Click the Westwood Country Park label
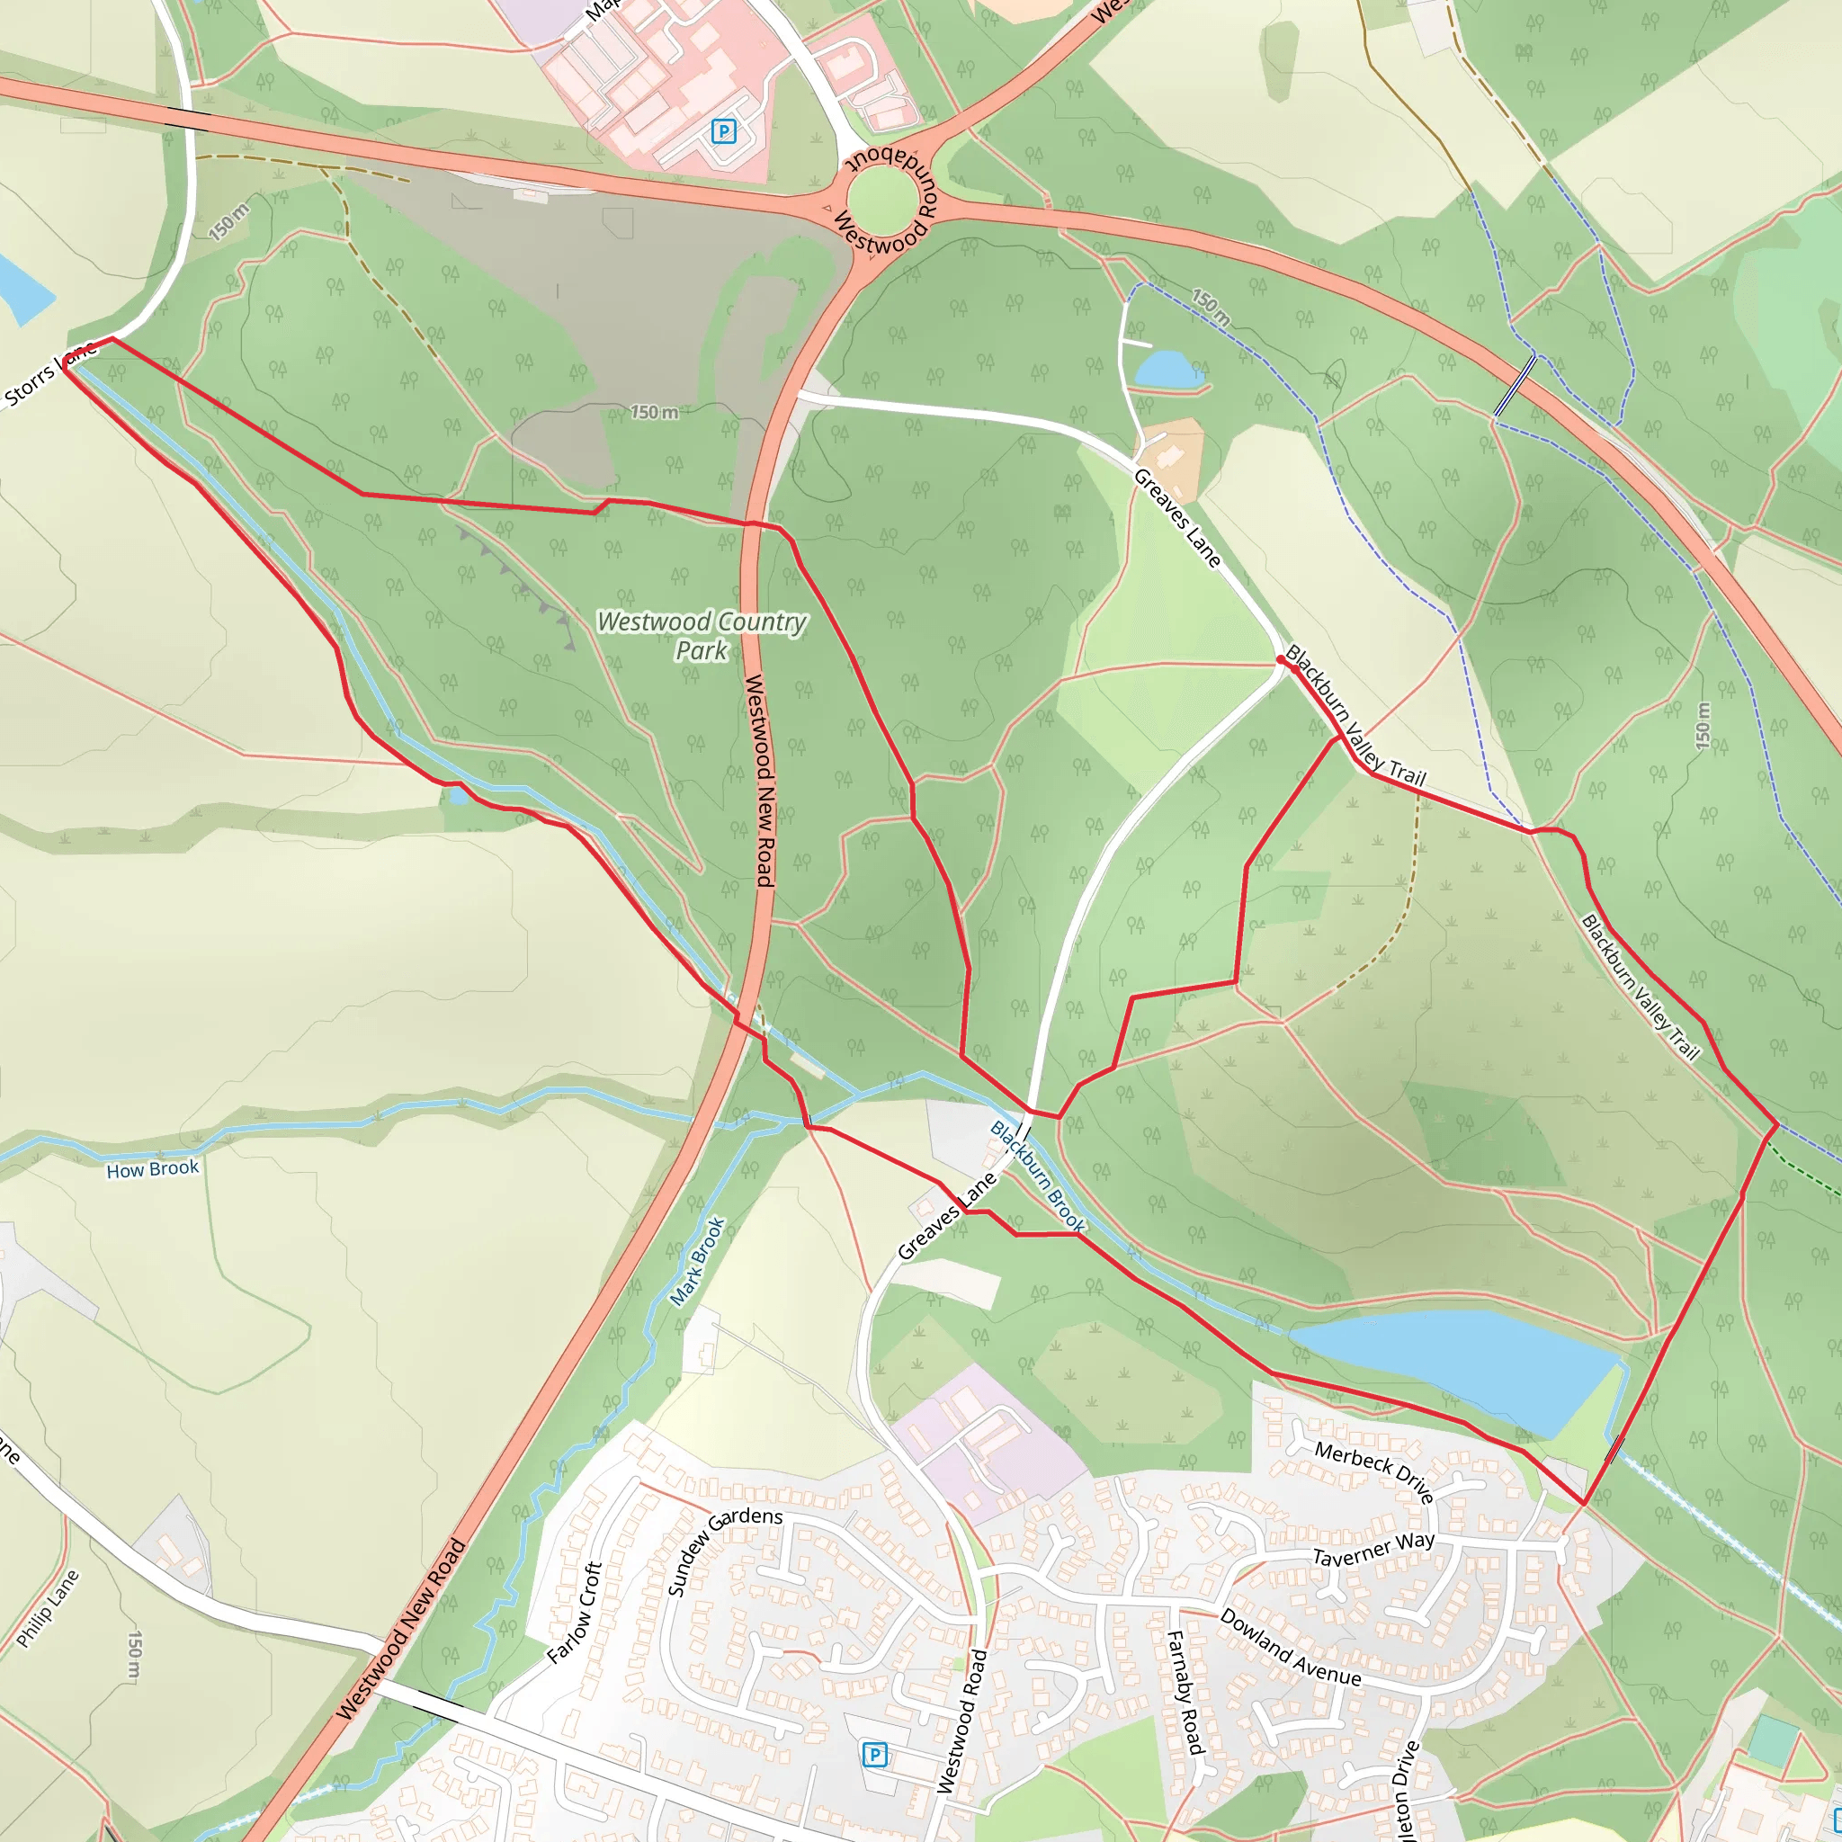[702, 636]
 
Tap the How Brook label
[153, 1169]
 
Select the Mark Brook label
[698, 1260]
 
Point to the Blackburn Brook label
[1037, 1176]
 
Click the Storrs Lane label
[49, 375]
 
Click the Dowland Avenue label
[1290, 1647]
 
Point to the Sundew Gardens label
[724, 1550]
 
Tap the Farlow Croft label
[575, 1613]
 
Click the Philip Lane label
[48, 1608]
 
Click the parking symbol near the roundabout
[724, 130]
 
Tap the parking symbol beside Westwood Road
[874, 1754]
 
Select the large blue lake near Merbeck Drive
[1459, 1365]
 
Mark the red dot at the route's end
[1281, 658]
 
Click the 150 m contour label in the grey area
[655, 412]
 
